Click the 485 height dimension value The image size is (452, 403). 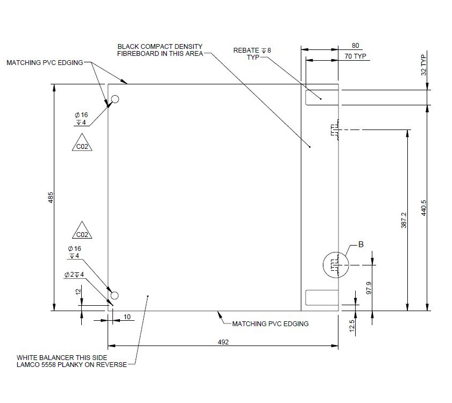point(51,197)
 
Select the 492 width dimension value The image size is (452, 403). point(223,342)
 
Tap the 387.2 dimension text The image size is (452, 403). point(404,220)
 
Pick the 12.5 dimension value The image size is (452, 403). point(352,325)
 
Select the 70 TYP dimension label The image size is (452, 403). point(355,56)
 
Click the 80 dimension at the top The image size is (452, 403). point(355,46)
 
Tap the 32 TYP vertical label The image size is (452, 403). point(423,64)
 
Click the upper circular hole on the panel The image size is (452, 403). point(115,99)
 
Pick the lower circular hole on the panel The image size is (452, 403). point(114,295)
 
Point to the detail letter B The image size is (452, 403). point(361,244)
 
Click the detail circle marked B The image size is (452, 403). point(335,264)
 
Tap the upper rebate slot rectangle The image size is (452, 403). point(321,98)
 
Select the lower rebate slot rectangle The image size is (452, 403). point(321,297)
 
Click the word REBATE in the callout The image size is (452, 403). point(245,50)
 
